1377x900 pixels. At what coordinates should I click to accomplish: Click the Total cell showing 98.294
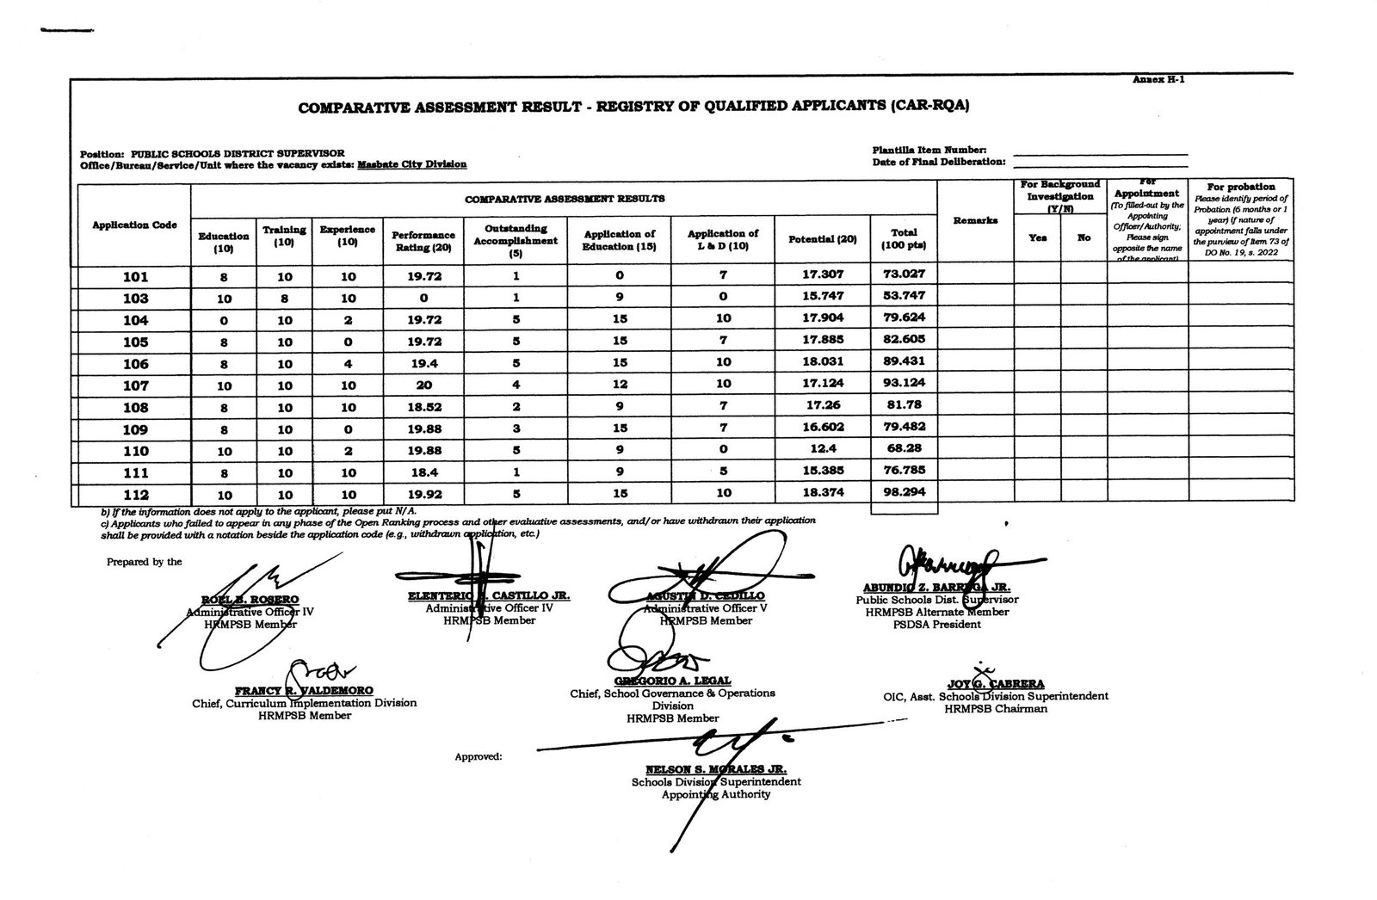(904, 493)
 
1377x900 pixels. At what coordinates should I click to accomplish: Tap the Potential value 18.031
(822, 362)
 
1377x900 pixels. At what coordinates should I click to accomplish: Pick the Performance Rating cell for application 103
(422, 298)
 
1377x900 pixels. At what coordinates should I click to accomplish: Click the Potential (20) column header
(822, 239)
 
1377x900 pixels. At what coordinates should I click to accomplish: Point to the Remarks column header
(975, 221)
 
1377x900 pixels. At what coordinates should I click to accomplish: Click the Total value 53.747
(904, 298)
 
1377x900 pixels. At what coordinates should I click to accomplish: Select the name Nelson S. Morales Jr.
(715, 769)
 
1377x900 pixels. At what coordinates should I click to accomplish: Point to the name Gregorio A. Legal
(672, 681)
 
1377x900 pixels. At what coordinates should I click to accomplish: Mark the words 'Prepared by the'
(145, 562)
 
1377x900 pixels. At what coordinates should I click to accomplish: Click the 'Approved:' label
(479, 757)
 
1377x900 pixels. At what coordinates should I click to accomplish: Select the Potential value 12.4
(822, 450)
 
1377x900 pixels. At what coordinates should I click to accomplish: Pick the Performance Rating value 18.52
(422, 407)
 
